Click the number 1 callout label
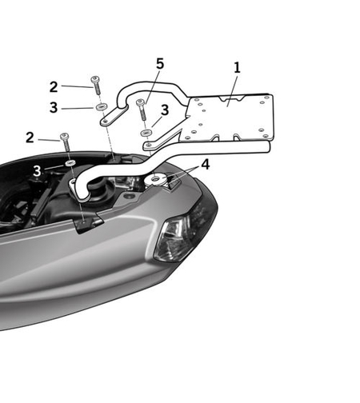click(237, 68)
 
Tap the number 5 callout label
click(160, 63)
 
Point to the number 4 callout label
click(206, 166)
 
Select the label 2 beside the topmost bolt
click(54, 87)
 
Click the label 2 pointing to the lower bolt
click(30, 138)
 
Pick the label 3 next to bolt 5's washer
click(164, 110)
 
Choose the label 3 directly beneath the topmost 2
click(54, 106)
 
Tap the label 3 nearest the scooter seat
click(37, 170)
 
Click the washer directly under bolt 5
click(146, 133)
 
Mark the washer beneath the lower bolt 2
click(70, 163)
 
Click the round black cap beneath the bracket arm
click(102, 192)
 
